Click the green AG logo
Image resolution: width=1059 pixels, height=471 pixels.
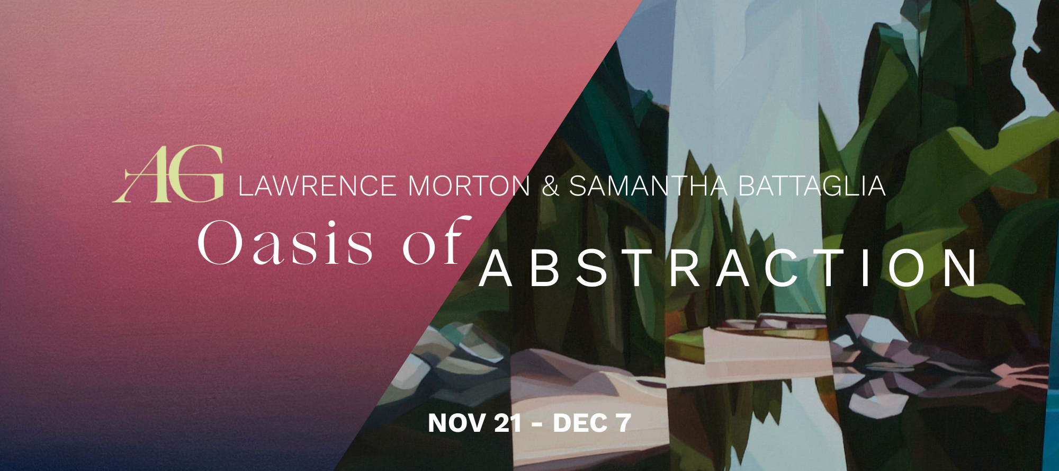[x=168, y=174]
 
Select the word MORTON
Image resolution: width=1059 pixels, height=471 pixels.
[x=469, y=186]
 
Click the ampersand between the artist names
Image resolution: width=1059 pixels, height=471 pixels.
[x=551, y=186]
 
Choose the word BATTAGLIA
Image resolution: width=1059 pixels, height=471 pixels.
[x=812, y=186]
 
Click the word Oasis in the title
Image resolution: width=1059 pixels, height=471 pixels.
[x=286, y=243]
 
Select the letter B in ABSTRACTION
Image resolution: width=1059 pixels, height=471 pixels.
[x=545, y=269]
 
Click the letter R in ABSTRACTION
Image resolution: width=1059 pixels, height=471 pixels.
[x=686, y=269]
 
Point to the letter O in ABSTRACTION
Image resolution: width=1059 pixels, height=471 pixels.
[x=906, y=269]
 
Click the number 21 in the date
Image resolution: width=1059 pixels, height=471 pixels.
[x=508, y=423]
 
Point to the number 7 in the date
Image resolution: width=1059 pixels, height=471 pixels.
[x=623, y=423]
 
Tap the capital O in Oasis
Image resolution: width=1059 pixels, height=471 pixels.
[x=219, y=243]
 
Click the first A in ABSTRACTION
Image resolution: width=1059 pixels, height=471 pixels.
[x=496, y=269]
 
